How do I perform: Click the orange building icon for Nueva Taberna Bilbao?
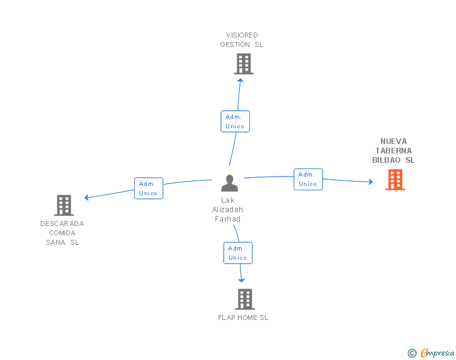[x=395, y=180]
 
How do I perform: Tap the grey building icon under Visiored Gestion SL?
[x=244, y=63]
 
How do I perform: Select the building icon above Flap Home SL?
[x=244, y=299]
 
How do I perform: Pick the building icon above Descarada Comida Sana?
[x=64, y=205]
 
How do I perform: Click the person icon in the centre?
[x=230, y=183]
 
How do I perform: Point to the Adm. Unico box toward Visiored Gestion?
[x=235, y=121]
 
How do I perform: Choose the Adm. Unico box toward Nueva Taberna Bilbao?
[x=308, y=179]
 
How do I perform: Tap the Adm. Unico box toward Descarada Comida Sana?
[x=148, y=188]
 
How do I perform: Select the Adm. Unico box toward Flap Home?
[x=238, y=253]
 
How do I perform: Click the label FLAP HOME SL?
[x=243, y=317]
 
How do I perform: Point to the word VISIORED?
[x=242, y=35]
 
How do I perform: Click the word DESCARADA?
[x=62, y=224]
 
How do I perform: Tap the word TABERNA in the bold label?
[x=393, y=151]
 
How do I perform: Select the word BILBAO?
[x=386, y=160]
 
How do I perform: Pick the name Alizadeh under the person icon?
[x=227, y=210]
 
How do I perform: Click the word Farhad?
[x=227, y=219]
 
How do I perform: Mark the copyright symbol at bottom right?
[x=412, y=353]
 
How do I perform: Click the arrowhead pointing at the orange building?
[x=370, y=182]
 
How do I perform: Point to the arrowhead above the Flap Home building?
[x=242, y=280]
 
